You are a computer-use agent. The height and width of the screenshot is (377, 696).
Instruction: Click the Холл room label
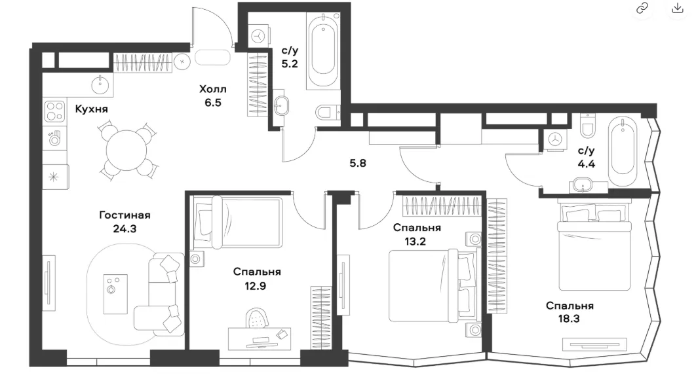point(212,89)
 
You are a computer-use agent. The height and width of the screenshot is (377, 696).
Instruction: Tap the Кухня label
point(92,109)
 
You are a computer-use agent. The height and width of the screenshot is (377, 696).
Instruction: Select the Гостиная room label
point(125,215)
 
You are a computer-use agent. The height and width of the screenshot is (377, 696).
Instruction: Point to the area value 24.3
point(125,229)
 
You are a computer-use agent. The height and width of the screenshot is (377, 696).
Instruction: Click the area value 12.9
point(255,286)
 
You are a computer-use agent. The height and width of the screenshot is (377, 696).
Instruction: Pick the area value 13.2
point(415,242)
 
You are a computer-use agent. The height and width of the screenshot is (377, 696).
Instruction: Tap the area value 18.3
point(569,319)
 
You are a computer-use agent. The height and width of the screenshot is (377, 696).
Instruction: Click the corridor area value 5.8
point(358,163)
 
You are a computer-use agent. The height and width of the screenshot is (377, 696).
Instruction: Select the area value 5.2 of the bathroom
point(290,64)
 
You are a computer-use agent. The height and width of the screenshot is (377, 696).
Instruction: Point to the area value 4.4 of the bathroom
point(587,164)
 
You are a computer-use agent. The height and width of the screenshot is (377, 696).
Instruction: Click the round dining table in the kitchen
point(126,151)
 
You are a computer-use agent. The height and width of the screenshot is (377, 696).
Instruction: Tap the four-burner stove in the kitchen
point(55,111)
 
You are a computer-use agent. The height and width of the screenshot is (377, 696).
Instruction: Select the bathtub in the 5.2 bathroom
point(323,50)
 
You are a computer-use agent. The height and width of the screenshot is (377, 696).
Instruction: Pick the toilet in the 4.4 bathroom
point(588,126)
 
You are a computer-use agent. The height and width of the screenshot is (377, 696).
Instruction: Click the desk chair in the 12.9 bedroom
point(257,318)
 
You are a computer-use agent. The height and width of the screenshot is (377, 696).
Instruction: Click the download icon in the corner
point(678,9)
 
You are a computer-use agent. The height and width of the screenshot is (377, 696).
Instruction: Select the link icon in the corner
point(642,9)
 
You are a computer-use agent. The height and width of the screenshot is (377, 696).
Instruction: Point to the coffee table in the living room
point(115,294)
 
